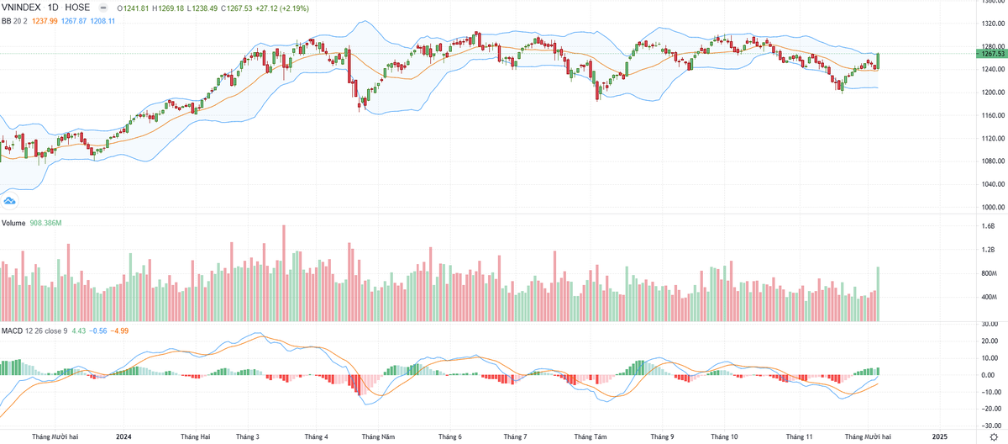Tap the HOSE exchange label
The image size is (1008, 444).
point(77,8)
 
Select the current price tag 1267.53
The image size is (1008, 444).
point(992,53)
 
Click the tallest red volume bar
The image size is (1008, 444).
point(284,273)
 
